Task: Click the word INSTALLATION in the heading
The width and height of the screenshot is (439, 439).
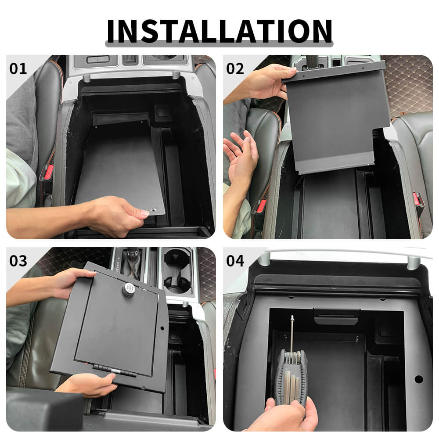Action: click(219, 31)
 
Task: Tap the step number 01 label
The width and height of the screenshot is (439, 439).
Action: click(18, 68)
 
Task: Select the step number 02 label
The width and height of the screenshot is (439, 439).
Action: click(235, 68)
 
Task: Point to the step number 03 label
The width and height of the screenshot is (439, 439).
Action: click(18, 261)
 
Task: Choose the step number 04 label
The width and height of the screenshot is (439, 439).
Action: click(235, 261)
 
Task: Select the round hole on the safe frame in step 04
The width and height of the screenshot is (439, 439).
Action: click(418, 379)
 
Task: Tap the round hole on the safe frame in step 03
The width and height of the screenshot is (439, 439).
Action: click(162, 327)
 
